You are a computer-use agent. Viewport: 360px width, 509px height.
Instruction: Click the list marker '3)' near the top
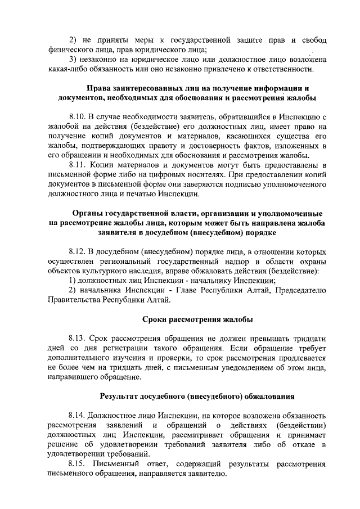tap(73, 60)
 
